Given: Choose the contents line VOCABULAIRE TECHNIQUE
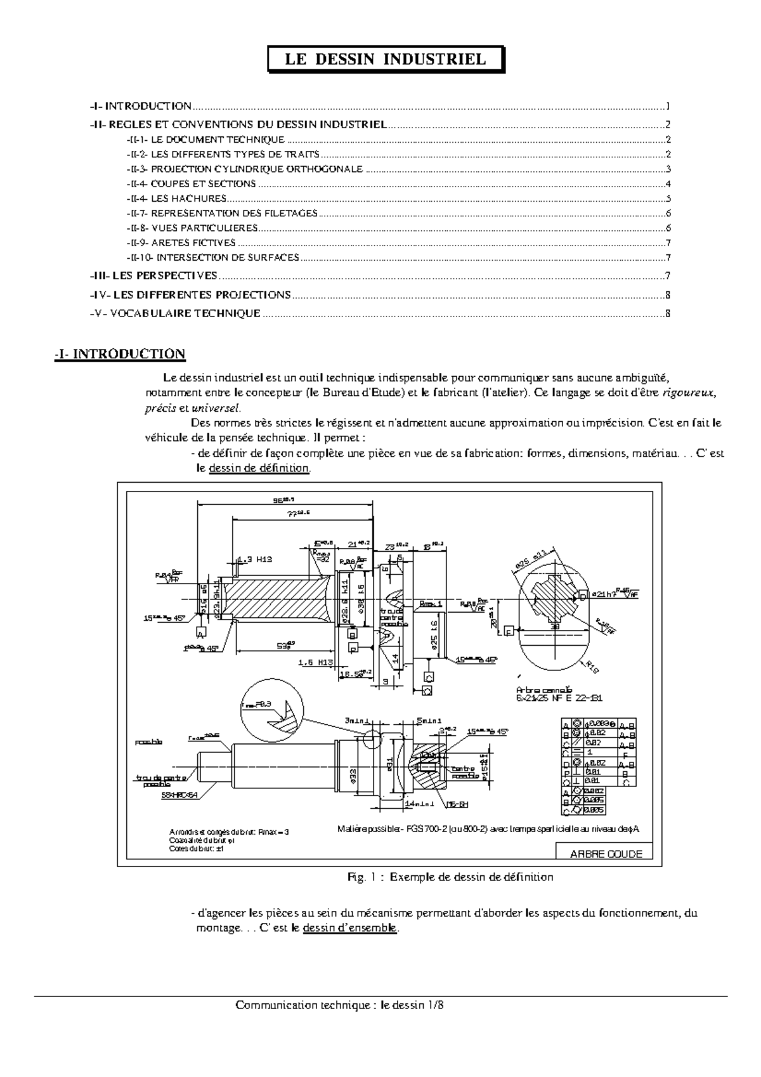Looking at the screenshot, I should point(185,313).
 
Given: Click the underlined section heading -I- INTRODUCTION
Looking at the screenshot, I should point(120,354).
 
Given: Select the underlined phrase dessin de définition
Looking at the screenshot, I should point(259,469).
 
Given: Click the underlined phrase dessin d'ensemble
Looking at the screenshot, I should point(350,928).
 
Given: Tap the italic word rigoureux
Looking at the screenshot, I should point(689,393).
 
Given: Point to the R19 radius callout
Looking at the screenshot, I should point(593,667).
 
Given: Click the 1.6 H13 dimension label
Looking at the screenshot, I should point(315,662).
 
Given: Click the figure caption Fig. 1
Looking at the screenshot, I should point(450,877).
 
